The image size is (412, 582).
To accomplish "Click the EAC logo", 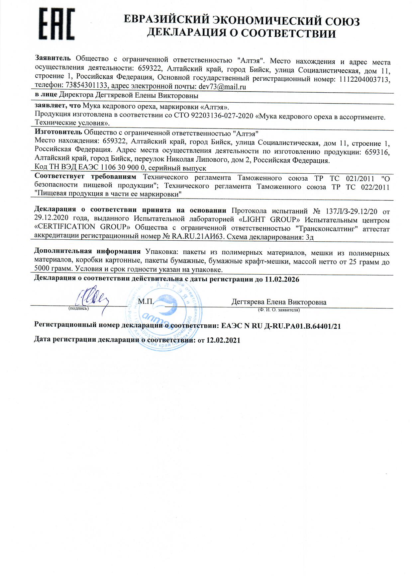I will [57, 24].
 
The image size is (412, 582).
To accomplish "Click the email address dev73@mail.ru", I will [222, 87].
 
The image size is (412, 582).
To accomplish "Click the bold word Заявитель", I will [53, 58].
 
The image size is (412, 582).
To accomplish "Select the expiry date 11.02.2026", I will [282, 280].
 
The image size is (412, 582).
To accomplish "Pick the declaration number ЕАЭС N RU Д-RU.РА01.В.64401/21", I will [281, 326].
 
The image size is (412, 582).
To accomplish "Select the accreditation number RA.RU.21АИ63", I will [197, 237].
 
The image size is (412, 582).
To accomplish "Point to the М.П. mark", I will [145, 301].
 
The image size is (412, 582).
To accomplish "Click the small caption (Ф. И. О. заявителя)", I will [278, 310].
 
